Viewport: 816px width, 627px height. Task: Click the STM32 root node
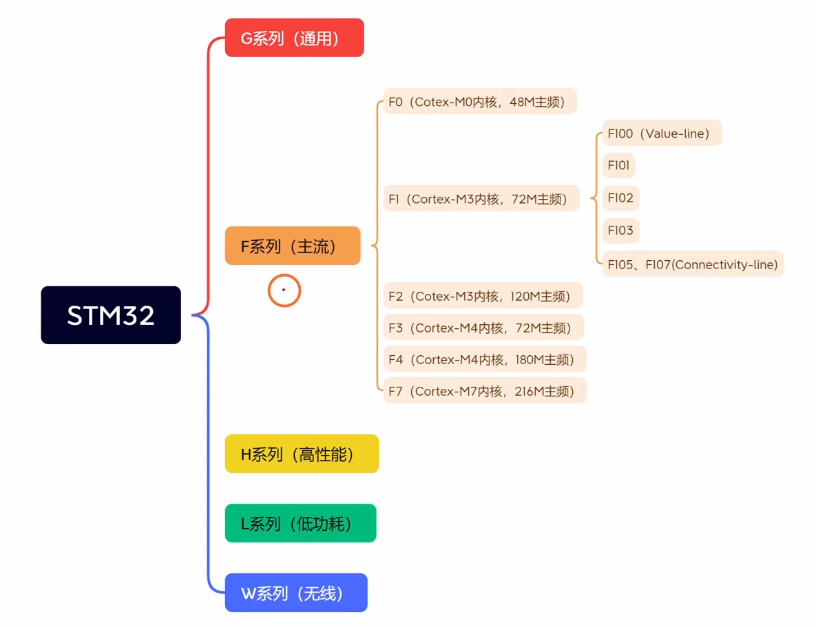tap(111, 315)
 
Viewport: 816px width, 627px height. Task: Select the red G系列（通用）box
tap(294, 38)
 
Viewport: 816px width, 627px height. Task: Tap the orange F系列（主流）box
tap(293, 246)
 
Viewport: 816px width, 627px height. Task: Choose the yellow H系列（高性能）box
tap(302, 454)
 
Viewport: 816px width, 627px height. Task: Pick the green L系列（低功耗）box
tap(300, 523)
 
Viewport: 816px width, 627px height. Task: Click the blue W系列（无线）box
tap(296, 593)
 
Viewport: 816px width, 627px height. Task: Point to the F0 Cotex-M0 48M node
tap(479, 102)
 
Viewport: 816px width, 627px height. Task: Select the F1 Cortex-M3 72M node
tap(481, 199)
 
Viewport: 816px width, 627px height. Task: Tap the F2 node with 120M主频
tap(483, 296)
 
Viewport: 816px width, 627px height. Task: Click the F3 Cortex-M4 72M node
tap(483, 328)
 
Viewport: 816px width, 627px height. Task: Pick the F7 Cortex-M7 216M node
tap(484, 391)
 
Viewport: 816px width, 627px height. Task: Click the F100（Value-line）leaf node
tap(662, 134)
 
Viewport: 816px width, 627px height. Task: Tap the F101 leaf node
tap(618, 166)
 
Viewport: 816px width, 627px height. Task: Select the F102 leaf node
tap(620, 198)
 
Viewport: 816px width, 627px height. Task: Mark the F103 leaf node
tap(620, 230)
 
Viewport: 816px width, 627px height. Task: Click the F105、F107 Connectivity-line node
tap(693, 264)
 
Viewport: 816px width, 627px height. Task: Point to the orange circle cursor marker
tap(284, 290)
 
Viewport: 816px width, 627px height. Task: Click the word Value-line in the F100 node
tap(674, 134)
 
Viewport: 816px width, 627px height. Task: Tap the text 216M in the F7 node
tap(527, 391)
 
